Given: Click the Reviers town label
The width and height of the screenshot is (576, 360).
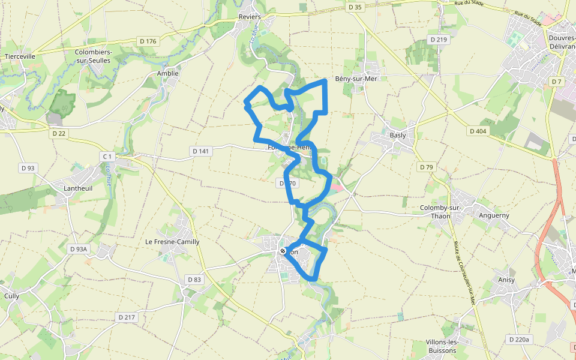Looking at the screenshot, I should point(250,17).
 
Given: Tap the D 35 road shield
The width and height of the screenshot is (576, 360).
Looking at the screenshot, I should point(355,7).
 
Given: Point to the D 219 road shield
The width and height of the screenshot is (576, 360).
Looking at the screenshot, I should point(439,40).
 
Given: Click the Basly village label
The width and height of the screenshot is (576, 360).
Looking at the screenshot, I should point(398,135).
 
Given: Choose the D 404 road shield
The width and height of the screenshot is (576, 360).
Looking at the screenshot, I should point(478,131).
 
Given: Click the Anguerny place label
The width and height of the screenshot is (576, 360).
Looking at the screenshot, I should point(494,214).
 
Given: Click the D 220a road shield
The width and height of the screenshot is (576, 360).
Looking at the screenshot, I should point(520,340).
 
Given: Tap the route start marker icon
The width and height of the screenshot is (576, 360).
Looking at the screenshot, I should point(283,251).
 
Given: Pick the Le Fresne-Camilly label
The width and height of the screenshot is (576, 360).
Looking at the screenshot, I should point(172,242).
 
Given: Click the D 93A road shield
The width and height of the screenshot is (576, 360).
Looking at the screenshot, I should point(79,248).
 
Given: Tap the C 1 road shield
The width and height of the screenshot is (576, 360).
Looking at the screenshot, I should point(107,157).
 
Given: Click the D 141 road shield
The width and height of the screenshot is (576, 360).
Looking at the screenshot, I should point(201,151).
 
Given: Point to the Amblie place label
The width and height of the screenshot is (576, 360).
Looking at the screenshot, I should point(168,74).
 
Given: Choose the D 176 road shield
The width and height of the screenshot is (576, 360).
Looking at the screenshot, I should point(147,41).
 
